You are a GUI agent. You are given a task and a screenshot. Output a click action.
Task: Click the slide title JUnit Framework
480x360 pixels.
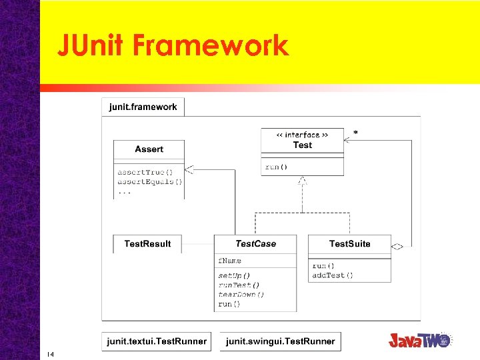point(172,45)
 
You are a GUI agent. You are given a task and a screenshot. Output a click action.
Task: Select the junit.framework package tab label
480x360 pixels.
point(143,107)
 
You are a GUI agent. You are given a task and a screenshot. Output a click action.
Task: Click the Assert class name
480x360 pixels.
point(149,149)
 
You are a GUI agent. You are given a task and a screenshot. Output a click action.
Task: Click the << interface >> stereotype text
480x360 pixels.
point(302,135)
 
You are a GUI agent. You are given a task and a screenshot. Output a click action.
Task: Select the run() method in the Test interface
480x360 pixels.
point(277,167)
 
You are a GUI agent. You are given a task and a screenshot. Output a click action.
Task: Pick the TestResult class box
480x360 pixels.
point(147,244)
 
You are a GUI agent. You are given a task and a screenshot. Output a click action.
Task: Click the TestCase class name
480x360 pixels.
point(255,244)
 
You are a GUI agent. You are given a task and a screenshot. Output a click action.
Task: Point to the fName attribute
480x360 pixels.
point(230,261)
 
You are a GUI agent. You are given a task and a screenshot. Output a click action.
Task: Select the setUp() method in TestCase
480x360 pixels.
point(234,275)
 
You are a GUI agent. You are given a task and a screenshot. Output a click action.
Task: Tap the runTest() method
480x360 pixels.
point(239,285)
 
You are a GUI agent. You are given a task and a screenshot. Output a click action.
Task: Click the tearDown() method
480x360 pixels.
point(241,294)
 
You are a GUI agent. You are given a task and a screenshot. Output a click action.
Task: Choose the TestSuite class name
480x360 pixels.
point(349,244)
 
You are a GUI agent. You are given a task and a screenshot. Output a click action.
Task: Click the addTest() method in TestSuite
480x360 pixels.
point(333,275)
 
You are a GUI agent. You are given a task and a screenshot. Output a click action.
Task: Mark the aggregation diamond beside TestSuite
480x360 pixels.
point(397,247)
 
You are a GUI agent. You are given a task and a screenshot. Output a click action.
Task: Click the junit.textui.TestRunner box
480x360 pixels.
point(156,341)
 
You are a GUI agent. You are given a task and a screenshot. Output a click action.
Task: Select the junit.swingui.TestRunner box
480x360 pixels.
point(280,341)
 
